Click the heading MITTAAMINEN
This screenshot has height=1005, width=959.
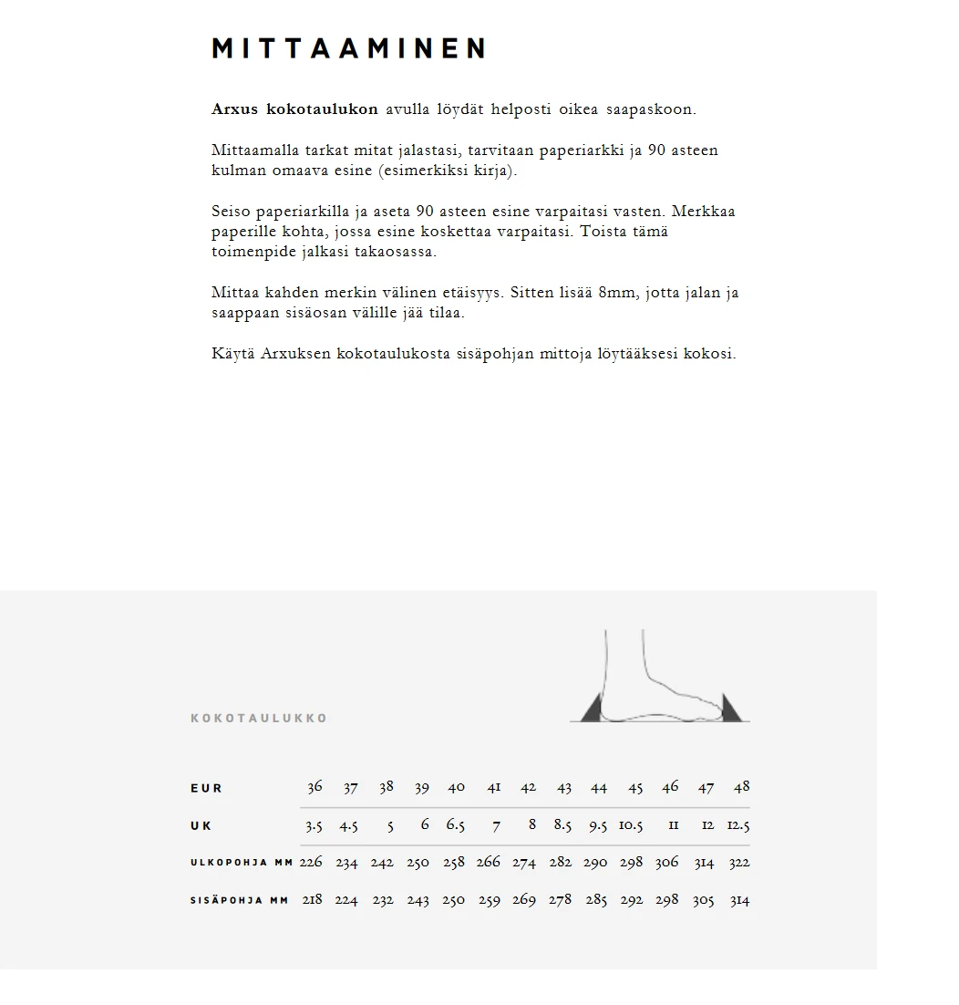[348, 48]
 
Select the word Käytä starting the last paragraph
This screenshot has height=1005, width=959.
[232, 354]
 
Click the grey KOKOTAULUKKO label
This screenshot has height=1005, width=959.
[259, 719]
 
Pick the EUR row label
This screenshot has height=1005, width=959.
[206, 789]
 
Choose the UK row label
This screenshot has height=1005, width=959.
[201, 826]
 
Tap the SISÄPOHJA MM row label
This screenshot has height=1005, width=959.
[240, 900]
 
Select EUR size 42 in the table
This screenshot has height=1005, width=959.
[528, 788]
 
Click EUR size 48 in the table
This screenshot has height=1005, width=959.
[741, 787]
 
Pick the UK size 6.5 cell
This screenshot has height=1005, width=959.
[455, 825]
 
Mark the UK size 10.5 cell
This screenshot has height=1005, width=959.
[631, 825]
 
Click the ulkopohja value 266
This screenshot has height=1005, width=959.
[489, 863]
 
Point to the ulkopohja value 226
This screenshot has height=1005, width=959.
[311, 863]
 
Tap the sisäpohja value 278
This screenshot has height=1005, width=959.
[560, 900]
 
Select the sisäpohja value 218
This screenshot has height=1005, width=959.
[312, 900]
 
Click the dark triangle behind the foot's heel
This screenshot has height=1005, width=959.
[593, 710]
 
